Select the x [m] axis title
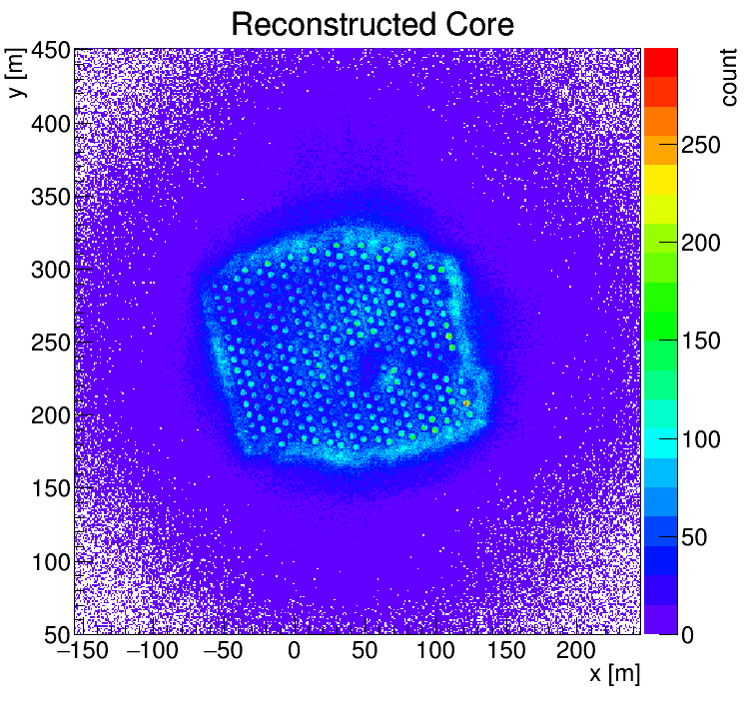tap(613, 674)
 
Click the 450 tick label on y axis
tap(51, 50)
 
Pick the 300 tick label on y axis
tap(51, 269)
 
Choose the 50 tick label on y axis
tap(57, 634)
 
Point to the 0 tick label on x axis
tap(294, 652)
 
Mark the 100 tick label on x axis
tap(434, 652)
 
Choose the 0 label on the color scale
tap(689, 635)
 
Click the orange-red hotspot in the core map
tap(466, 403)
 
